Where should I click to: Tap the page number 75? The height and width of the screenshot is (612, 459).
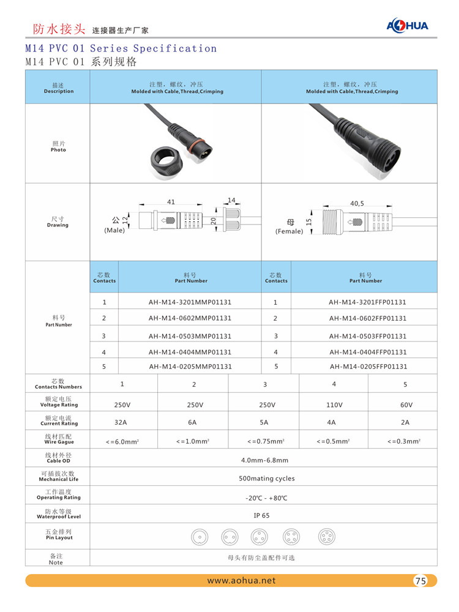(x=420, y=581)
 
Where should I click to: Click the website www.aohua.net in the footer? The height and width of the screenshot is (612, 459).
(x=241, y=580)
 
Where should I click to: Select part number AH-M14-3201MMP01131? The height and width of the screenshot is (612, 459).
(x=190, y=302)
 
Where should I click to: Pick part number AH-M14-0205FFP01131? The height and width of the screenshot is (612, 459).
(x=368, y=367)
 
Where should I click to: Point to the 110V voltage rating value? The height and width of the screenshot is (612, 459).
(x=334, y=405)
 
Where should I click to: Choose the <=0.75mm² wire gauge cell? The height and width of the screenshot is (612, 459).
(x=265, y=441)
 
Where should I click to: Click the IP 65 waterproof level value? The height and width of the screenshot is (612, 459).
(x=261, y=515)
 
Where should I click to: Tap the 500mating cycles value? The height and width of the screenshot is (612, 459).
(x=266, y=479)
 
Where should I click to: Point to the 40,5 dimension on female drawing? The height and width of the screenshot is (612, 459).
(x=357, y=203)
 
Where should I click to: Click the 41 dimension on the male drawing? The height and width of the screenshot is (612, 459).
(x=171, y=202)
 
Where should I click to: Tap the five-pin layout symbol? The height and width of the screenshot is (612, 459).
(x=326, y=537)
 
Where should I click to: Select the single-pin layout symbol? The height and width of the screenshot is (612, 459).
(x=199, y=537)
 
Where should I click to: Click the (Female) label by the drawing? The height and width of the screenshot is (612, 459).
(x=289, y=231)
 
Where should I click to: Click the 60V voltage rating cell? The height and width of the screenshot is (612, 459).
(x=406, y=405)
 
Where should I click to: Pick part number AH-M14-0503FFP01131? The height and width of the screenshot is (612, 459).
(x=367, y=336)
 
